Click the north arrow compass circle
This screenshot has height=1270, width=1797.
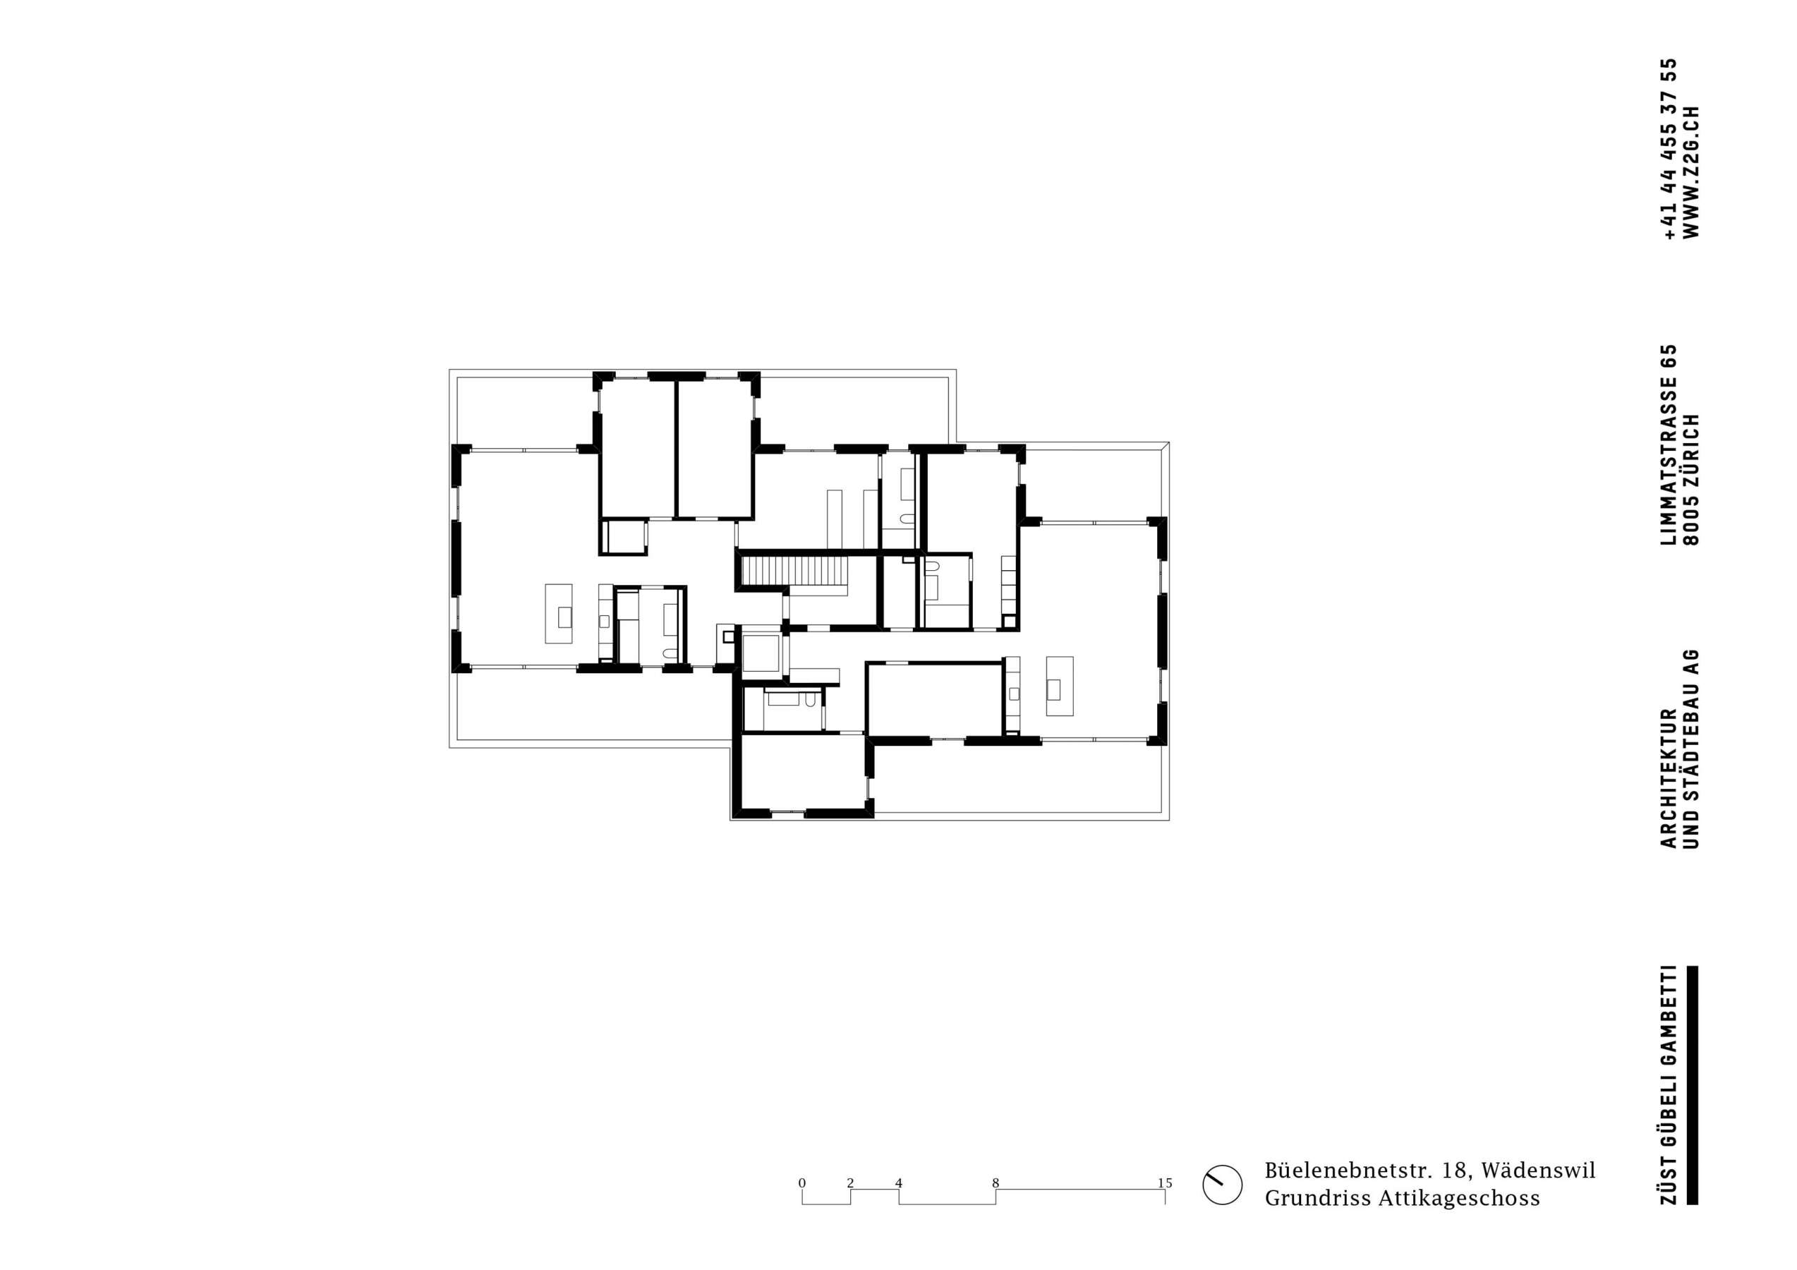pyautogui.click(x=1222, y=1206)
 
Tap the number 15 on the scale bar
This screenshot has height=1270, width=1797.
pyautogui.click(x=1165, y=1183)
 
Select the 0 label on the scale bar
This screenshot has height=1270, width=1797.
pyautogui.click(x=801, y=1183)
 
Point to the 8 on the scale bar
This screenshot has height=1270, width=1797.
pyautogui.click(x=996, y=1183)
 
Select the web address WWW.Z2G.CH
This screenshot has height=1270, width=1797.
pyautogui.click(x=1691, y=171)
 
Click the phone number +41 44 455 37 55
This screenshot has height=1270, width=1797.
pyautogui.click(x=1669, y=149)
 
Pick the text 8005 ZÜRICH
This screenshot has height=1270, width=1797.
pyautogui.click(x=1691, y=479)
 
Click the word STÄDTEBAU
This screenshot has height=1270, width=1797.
pyautogui.click(x=1691, y=739)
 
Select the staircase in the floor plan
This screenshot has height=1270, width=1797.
pyautogui.click(x=795, y=571)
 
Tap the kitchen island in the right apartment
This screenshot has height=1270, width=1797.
pyautogui.click(x=1060, y=686)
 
